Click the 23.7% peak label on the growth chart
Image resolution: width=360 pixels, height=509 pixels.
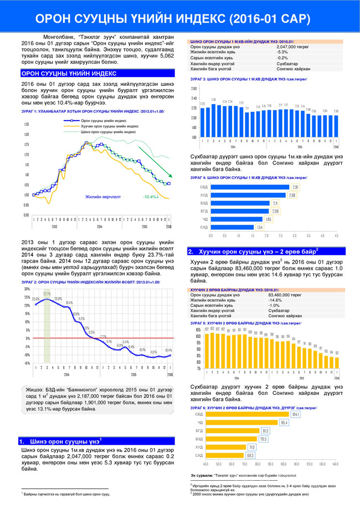point(47,294)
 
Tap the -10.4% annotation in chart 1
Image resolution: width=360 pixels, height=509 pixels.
point(151,197)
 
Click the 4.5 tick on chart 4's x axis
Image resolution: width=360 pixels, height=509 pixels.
point(336,235)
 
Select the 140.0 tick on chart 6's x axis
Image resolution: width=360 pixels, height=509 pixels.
point(335,464)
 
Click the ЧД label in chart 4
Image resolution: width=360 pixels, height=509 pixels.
point(204,219)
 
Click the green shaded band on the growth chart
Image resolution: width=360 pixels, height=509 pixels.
point(47,327)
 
